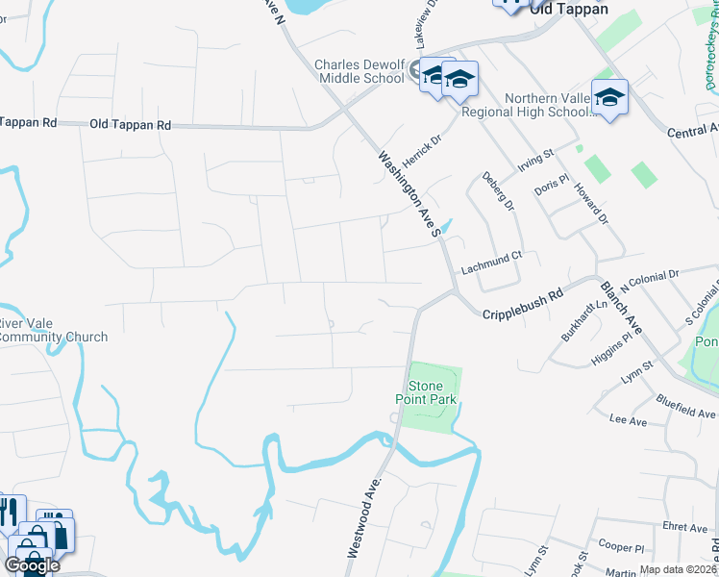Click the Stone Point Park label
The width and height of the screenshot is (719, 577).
click(x=424, y=391)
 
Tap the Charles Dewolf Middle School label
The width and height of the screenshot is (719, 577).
click(x=360, y=72)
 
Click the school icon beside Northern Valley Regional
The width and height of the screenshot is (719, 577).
click(x=609, y=98)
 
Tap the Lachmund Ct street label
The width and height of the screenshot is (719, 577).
click(x=490, y=256)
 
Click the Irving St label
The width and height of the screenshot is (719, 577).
click(x=536, y=159)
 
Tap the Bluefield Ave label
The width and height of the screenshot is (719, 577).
click(x=686, y=406)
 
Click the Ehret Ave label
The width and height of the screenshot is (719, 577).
click(x=684, y=527)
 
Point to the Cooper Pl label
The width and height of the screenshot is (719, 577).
click(x=620, y=547)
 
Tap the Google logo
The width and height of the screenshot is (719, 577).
click(x=32, y=565)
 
